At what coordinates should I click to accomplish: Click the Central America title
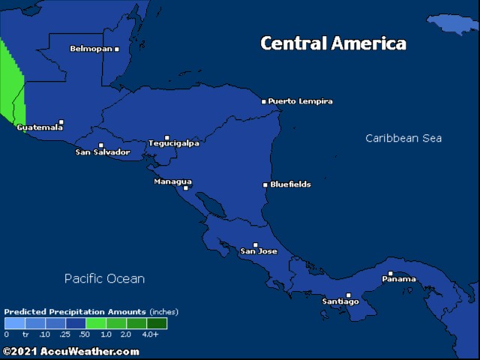click(x=333, y=43)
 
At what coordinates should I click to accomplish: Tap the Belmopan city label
click(x=90, y=49)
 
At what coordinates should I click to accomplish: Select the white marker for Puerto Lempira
click(x=264, y=101)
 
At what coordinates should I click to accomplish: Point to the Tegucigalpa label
click(x=174, y=143)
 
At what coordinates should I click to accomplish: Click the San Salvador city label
click(x=103, y=152)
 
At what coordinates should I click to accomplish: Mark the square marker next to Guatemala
click(x=61, y=122)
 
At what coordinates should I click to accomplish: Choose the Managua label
click(x=172, y=181)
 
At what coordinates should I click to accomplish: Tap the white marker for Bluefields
click(x=265, y=184)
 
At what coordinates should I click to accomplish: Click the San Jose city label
click(x=258, y=251)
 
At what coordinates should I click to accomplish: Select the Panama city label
click(x=398, y=279)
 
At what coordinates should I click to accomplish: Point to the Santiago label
click(x=340, y=301)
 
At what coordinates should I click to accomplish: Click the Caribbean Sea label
click(x=403, y=138)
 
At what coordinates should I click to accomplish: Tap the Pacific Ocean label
click(x=104, y=278)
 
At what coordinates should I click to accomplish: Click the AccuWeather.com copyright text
click(x=71, y=351)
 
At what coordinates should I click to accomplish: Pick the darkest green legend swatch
click(x=157, y=323)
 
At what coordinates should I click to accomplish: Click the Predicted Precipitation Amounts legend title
click(x=76, y=311)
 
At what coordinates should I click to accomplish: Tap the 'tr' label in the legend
click(x=25, y=334)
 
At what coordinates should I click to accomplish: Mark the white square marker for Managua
click(x=186, y=188)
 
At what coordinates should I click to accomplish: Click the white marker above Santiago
click(x=348, y=295)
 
